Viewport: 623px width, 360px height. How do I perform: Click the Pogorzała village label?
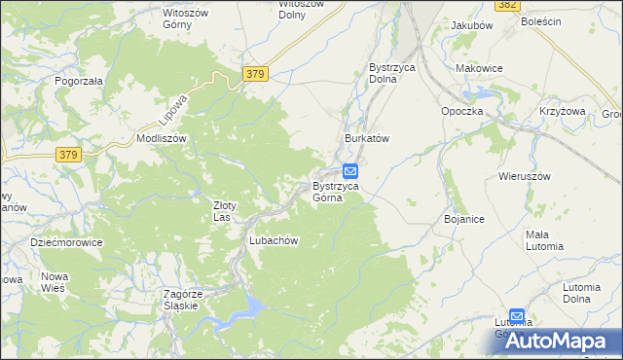pyautogui.click(x=79, y=82)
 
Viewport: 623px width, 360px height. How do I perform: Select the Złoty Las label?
pyautogui.click(x=226, y=211)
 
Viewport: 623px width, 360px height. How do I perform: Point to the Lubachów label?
pyautogui.click(x=273, y=241)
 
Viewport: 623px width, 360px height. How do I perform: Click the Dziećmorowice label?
pyautogui.click(x=66, y=243)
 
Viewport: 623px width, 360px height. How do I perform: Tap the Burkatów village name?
pyautogui.click(x=367, y=139)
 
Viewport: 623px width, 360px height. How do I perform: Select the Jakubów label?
pyautogui.click(x=471, y=25)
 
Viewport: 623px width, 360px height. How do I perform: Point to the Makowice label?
pyautogui.click(x=479, y=69)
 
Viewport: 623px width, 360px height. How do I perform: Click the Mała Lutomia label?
pyautogui.click(x=544, y=240)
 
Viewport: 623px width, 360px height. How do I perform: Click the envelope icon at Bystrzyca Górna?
pyautogui.click(x=349, y=171)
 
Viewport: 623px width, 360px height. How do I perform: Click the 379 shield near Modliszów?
pyautogui.click(x=67, y=155)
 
